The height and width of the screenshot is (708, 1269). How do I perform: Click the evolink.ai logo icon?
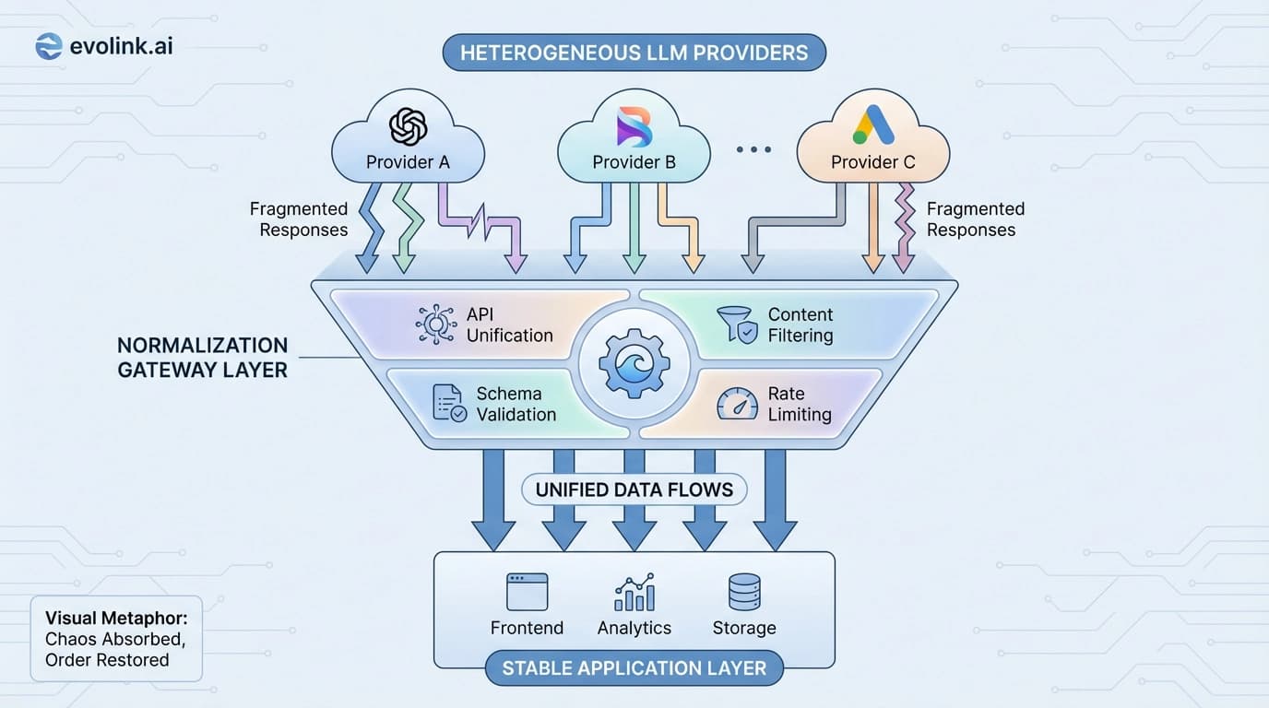(x=48, y=45)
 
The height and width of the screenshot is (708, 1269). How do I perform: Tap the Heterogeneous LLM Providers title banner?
(x=634, y=53)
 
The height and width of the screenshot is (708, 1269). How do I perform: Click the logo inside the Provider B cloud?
(x=634, y=126)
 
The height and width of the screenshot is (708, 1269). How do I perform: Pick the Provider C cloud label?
(x=872, y=162)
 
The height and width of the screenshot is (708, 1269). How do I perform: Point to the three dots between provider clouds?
(x=753, y=148)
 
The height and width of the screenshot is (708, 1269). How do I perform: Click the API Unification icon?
(x=436, y=325)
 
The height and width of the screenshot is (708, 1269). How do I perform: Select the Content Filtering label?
(x=800, y=325)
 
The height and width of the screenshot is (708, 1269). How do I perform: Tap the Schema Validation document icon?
(x=449, y=404)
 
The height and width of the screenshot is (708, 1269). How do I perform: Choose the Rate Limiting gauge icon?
(x=737, y=404)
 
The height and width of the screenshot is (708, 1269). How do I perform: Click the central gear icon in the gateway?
(x=634, y=362)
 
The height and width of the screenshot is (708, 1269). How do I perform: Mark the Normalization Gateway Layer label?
(x=203, y=358)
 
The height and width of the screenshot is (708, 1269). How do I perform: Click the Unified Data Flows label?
(x=634, y=490)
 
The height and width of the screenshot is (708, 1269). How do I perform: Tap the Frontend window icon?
(x=527, y=592)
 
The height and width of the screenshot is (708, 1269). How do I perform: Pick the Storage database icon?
(x=744, y=592)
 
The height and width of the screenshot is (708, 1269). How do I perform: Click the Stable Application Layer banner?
(x=634, y=667)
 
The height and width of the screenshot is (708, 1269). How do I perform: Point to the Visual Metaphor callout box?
(x=116, y=639)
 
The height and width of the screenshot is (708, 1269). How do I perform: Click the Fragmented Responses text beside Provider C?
(x=975, y=219)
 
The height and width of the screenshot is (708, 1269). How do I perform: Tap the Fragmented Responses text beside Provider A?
(x=299, y=219)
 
